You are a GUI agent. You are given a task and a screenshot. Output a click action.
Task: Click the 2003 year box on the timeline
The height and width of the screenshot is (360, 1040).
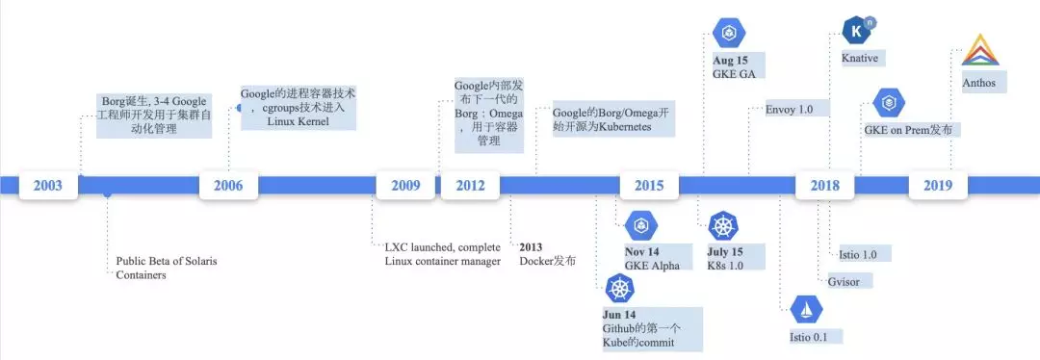click(x=48, y=185)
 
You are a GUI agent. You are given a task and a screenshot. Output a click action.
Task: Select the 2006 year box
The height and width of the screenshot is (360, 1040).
click(x=228, y=185)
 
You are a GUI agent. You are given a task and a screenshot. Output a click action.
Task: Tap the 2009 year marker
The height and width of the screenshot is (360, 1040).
click(x=405, y=185)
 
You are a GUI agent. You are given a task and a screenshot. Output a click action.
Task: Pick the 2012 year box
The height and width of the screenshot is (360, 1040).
click(x=470, y=185)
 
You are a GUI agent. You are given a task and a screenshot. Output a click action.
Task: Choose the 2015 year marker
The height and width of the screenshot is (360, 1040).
click(x=649, y=185)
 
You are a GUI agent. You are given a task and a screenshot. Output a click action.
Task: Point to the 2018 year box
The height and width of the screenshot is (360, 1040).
click(x=824, y=185)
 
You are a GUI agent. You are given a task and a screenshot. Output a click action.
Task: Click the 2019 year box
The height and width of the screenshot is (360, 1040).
click(x=938, y=185)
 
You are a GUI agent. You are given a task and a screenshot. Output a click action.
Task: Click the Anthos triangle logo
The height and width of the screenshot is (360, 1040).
click(x=980, y=49)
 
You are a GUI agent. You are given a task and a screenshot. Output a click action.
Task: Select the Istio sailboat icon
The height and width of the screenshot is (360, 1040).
click(x=807, y=309)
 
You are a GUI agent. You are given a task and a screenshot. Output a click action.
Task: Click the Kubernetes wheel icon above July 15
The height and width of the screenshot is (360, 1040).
click(x=724, y=226)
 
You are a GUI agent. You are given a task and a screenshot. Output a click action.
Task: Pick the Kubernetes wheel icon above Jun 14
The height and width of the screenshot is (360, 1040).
click(x=619, y=290)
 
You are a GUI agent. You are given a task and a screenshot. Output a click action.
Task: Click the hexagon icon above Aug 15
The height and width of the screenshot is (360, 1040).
click(x=730, y=34)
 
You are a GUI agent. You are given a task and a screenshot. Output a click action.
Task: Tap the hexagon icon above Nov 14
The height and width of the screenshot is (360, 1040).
click(x=640, y=226)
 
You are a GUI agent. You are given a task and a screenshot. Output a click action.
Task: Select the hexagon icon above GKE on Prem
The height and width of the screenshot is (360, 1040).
click(x=890, y=103)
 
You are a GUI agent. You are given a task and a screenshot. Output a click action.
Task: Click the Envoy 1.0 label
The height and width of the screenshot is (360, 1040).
click(x=789, y=109)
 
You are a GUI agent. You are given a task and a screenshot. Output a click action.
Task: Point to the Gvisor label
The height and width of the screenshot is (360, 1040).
click(x=844, y=281)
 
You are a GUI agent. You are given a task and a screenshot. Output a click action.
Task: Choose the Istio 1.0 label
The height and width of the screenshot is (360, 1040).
click(x=858, y=254)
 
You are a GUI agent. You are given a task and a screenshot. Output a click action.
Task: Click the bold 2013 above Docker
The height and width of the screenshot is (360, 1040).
click(x=531, y=247)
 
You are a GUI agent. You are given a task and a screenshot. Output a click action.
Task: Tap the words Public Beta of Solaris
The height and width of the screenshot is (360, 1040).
click(x=167, y=261)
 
